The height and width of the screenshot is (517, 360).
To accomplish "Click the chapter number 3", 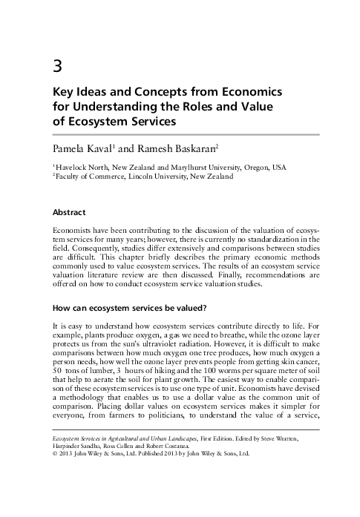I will click(x=56, y=65).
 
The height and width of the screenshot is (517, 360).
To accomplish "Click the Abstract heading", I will click(x=69, y=212).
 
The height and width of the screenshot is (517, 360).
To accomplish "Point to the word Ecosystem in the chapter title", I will click(x=84, y=120).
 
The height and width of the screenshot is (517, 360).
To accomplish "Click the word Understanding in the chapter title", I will click(x=120, y=105).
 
